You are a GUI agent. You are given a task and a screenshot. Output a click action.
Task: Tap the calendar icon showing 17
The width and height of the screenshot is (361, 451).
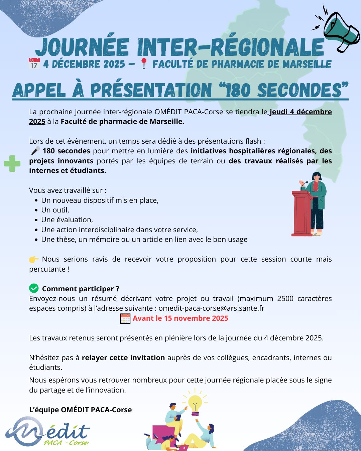coord(34,63)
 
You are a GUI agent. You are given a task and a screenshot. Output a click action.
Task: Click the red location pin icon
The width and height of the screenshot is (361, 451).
coord(144,63)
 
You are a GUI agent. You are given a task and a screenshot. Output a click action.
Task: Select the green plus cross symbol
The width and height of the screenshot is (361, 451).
coord(12,164)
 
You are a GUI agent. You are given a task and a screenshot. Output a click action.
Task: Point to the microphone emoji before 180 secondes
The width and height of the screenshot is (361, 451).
coord(35,151)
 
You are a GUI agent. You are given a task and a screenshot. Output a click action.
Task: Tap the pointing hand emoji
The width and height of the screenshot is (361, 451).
coord(34,259)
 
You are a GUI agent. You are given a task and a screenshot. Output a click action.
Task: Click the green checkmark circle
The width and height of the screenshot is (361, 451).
coord(34,288)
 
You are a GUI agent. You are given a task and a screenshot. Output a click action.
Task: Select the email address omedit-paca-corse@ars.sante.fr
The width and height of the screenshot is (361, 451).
coord(211,308)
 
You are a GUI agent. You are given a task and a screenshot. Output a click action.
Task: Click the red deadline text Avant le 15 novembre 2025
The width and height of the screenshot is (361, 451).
coord(180,318)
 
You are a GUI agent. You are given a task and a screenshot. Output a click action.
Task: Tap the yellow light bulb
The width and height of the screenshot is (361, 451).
coord(195,403)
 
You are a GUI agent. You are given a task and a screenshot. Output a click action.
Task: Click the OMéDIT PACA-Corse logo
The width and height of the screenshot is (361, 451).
coord(48,432)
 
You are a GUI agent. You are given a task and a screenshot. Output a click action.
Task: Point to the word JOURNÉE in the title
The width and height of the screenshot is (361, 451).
coord(82,47)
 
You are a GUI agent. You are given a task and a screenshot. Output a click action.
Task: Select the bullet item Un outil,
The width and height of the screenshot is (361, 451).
coord(55,210)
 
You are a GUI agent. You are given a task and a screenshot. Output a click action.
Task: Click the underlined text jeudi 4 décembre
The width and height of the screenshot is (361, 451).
coord(300,112)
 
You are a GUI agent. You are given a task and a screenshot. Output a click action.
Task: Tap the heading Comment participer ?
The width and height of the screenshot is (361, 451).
coord(81,289)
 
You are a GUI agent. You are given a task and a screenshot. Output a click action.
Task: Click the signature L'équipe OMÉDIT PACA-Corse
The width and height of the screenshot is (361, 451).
coord(81,410)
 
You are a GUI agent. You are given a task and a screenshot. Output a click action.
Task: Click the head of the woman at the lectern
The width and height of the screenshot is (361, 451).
coord(316,177)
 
